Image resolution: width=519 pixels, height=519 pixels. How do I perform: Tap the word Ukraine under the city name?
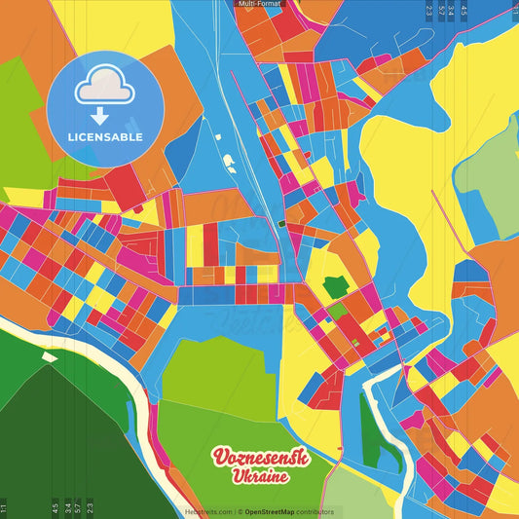259,478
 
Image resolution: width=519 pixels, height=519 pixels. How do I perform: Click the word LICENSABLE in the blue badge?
106,136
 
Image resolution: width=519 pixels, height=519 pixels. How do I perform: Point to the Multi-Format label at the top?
259,4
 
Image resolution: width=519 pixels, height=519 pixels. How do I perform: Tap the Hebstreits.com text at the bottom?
208,511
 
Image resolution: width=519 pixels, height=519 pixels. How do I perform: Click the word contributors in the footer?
316,511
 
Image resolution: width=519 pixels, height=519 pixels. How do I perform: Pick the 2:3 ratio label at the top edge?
428,11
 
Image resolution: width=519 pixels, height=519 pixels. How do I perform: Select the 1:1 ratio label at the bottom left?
4,507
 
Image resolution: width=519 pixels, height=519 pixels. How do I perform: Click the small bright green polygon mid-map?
335,286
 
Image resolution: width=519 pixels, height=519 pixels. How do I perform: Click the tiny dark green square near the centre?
281,223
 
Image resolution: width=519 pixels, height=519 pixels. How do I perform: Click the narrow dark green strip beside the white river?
368,428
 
